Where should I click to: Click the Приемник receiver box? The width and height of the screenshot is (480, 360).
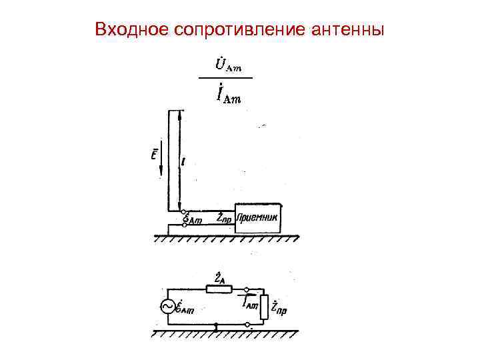tap(259, 218)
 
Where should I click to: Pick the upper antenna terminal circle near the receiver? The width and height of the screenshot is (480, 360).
tap(184, 209)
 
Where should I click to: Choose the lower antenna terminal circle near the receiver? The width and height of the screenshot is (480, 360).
tap(184, 225)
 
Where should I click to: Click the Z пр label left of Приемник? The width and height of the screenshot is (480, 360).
tap(225, 217)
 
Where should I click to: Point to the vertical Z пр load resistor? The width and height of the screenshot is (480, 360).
tap(266, 307)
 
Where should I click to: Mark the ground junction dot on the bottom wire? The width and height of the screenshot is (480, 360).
tap(217, 327)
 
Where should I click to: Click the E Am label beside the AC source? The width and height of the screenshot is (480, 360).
tap(185, 307)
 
